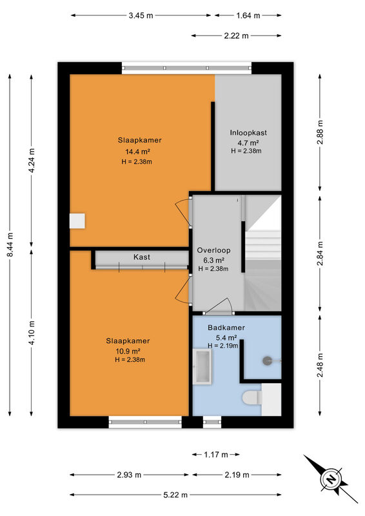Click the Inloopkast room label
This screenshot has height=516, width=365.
[x=248, y=133]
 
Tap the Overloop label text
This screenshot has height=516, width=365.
[x=213, y=250]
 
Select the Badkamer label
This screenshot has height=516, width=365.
[x=226, y=328]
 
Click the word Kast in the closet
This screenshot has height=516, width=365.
[x=142, y=257]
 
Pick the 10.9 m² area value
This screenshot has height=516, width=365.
[x=128, y=351]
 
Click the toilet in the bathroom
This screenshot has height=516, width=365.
[x=252, y=397]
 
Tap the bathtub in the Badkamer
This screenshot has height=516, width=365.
[x=202, y=366]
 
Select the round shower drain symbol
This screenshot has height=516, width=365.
[x=267, y=361]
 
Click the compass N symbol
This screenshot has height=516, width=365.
[x=331, y=479]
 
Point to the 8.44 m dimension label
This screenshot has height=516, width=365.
[x=10, y=244]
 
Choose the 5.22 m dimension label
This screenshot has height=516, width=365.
[x=175, y=495]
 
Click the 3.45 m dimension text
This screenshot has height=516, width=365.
[x=141, y=15]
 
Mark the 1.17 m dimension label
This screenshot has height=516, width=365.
[x=216, y=455]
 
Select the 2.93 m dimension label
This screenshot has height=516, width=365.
[x=129, y=475]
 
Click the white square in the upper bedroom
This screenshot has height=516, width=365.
[x=77, y=221]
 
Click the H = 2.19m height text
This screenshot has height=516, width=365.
[x=223, y=346]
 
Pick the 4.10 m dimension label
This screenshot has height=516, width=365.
[x=32, y=332]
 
